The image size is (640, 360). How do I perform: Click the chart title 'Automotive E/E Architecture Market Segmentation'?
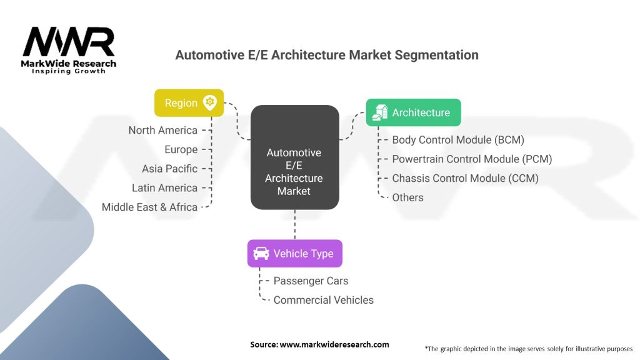point(327,55)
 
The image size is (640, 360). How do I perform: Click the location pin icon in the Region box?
point(210,103)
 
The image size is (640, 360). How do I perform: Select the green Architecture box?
point(413,112)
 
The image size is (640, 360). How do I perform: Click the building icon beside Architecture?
point(379,112)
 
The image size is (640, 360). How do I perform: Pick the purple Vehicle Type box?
point(294,254)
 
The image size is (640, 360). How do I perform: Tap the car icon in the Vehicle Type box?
point(261,254)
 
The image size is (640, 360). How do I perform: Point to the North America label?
point(163,131)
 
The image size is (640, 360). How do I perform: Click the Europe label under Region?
point(181,150)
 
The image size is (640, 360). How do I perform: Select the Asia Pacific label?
point(170,169)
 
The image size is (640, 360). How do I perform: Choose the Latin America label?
point(165,188)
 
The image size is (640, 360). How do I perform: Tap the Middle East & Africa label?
point(150,207)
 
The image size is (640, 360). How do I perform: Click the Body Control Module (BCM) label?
point(458,140)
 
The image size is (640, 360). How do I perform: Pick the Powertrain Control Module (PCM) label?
point(472,159)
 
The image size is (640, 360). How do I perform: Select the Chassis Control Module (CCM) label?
point(465,178)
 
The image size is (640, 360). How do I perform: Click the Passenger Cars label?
point(311,281)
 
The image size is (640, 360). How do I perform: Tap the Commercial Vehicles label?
point(323,300)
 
